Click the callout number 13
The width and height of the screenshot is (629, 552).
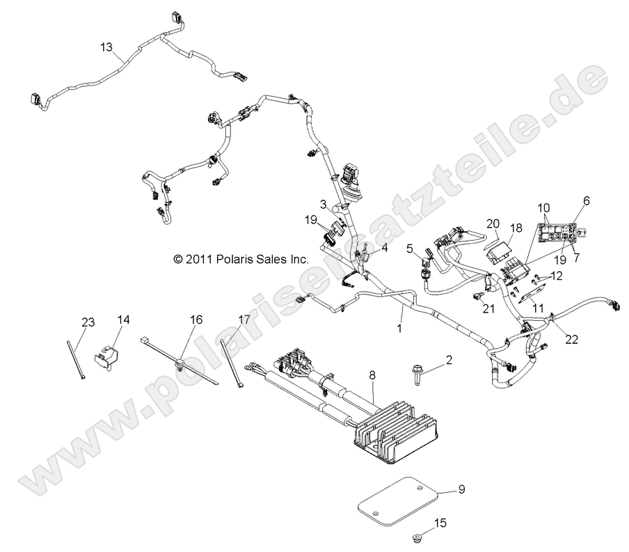106,47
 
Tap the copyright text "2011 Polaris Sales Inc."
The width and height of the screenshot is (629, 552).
240,258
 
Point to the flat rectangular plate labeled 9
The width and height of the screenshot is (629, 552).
399,498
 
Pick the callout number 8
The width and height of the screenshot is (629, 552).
372,375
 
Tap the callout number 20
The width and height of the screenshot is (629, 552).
493,223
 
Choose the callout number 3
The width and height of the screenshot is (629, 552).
323,203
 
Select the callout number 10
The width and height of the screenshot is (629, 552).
543,207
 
